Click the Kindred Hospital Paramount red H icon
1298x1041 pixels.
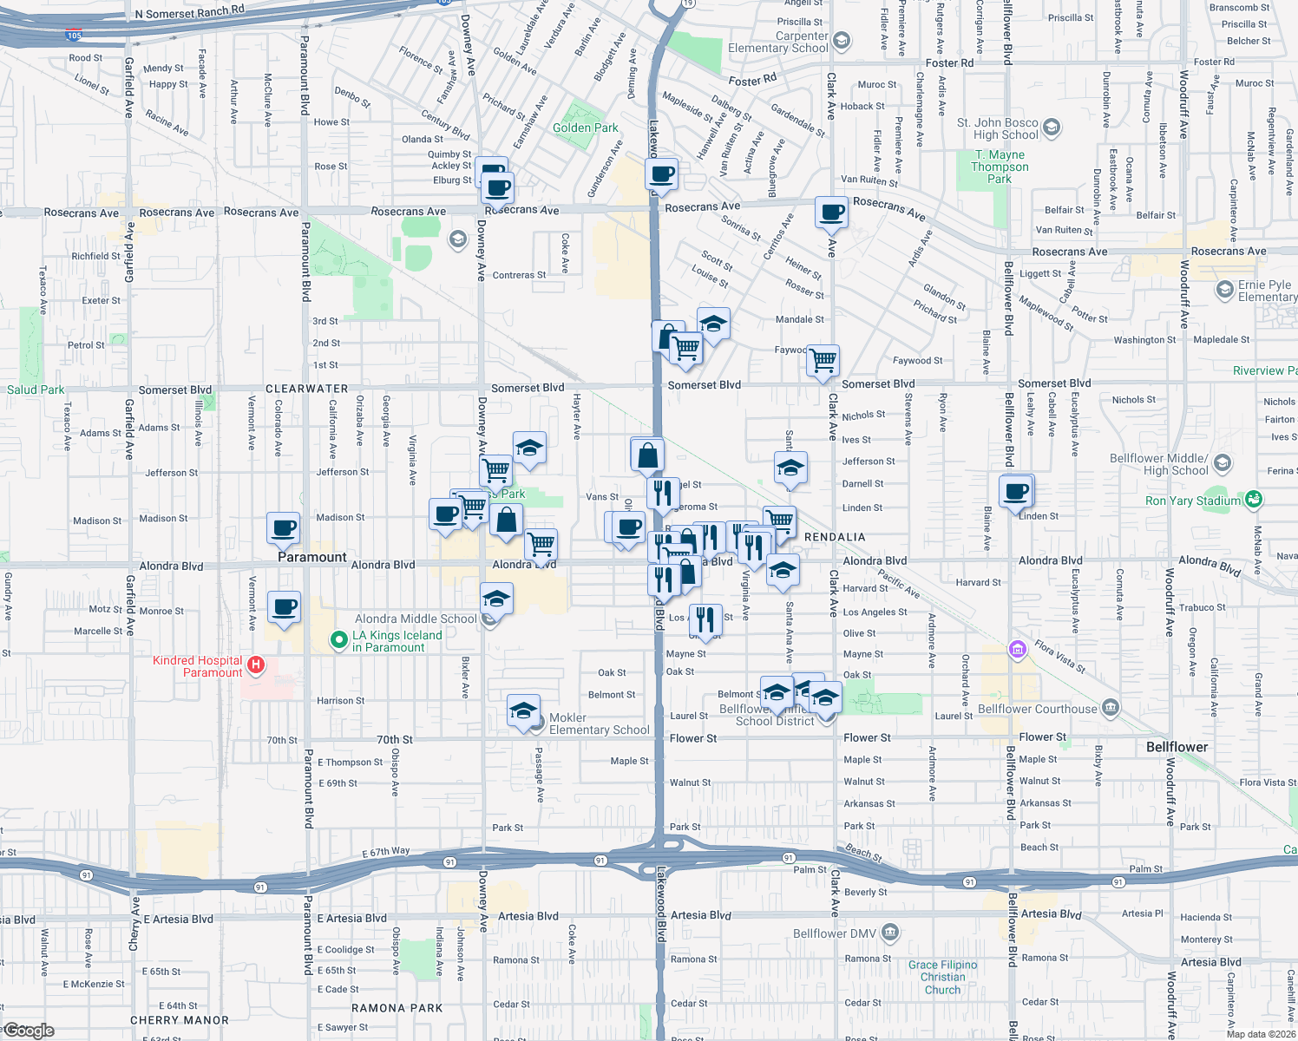pos(255,665)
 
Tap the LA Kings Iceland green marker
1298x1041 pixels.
pos(339,640)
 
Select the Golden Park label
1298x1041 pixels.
pos(586,128)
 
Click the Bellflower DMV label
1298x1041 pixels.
pos(834,933)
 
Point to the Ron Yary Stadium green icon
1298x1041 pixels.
pos(1253,500)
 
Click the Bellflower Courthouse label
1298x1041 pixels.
pos(1037,709)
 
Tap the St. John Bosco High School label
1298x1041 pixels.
pos(997,128)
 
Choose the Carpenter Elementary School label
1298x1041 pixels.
pos(778,42)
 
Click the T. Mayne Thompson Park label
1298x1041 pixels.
pos(1000,167)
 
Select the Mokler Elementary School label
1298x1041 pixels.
pos(599,723)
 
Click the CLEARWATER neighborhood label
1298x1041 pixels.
pos(306,389)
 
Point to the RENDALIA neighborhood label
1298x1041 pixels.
pos(835,537)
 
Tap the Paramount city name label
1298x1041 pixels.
pos(312,557)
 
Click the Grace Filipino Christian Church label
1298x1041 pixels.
pos(942,977)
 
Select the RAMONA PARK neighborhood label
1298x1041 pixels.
pos(397,1008)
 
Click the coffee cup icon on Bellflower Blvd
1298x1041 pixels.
pos(1016,493)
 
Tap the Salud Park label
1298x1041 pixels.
pos(36,390)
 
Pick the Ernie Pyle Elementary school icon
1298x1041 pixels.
pos(1224,290)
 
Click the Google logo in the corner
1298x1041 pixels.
pos(29,1031)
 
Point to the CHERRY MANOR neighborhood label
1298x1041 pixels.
pos(180,1020)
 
